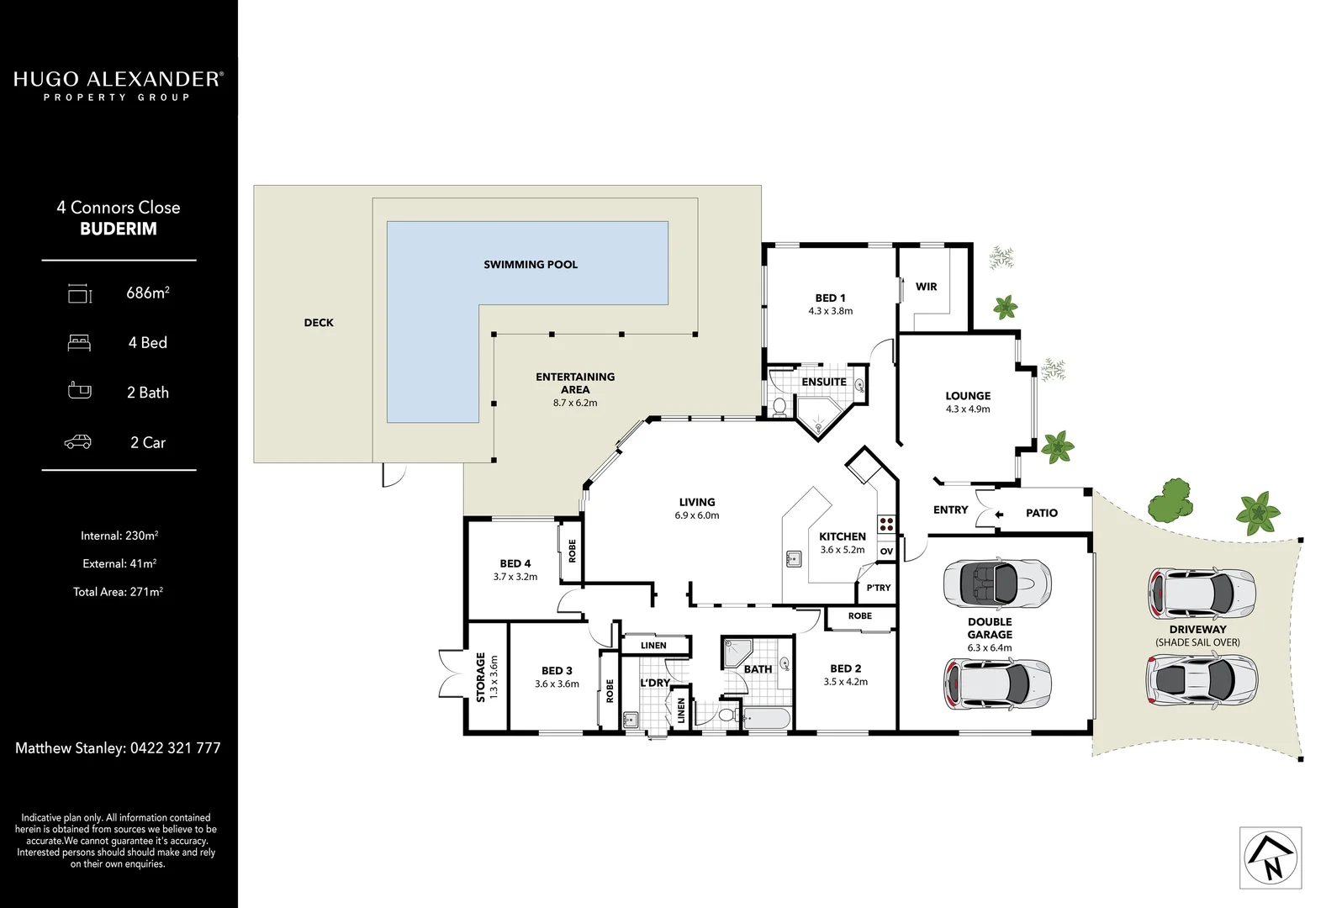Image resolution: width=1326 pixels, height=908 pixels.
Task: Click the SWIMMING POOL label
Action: click(531, 265)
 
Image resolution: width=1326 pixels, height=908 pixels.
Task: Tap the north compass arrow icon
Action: click(1271, 858)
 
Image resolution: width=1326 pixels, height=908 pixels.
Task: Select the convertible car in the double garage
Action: click(996, 582)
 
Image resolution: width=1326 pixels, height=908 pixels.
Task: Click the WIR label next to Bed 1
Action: click(926, 287)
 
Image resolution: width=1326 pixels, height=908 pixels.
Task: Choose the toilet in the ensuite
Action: click(779, 408)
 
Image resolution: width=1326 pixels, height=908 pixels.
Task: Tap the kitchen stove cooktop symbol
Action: click(886, 524)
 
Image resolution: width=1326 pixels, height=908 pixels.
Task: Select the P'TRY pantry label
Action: click(878, 588)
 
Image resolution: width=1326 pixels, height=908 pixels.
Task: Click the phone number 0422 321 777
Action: click(175, 747)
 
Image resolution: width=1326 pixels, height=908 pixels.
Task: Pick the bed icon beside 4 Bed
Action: click(79, 343)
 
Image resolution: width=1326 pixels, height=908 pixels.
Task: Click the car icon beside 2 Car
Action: click(78, 442)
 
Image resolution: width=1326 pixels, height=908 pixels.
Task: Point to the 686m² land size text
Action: click(148, 293)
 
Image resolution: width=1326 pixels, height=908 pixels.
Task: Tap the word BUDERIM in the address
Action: click(119, 229)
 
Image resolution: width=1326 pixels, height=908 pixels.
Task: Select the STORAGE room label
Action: click(481, 677)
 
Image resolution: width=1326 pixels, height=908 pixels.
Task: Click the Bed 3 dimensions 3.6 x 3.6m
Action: click(557, 684)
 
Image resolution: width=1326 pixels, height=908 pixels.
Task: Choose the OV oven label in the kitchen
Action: click(886, 552)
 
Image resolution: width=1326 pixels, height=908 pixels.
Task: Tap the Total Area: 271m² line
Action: click(118, 592)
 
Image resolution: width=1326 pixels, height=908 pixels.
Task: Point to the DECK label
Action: click(319, 323)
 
